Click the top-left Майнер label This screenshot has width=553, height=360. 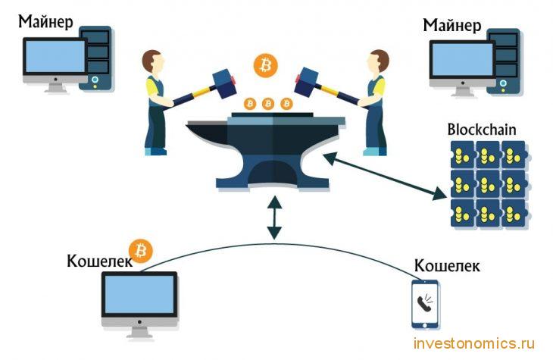pyautogui.click(x=45, y=21)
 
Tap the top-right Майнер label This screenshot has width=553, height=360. pyautogui.click(x=451, y=25)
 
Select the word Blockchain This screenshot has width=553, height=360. pyautogui.click(x=481, y=130)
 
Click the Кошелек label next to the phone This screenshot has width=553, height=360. pyautogui.click(x=447, y=265)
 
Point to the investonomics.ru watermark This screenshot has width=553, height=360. pyautogui.click(x=474, y=343)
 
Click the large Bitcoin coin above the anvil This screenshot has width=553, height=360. pyautogui.click(x=266, y=65)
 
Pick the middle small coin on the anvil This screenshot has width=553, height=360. pyautogui.click(x=268, y=104)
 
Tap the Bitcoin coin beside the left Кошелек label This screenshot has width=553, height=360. pyautogui.click(x=140, y=251)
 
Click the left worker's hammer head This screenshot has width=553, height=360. pyautogui.click(x=224, y=83)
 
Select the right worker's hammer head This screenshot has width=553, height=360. pyautogui.click(x=307, y=82)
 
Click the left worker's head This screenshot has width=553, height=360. pyautogui.click(x=154, y=61)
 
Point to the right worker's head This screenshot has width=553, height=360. pyautogui.click(x=378, y=61)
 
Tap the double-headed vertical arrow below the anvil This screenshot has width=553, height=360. pyautogui.click(x=274, y=218)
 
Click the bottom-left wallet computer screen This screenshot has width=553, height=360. pyautogui.click(x=139, y=294)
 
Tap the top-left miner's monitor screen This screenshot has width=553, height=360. pyautogui.click(x=55, y=57)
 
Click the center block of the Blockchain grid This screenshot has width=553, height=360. pyautogui.click(x=489, y=184)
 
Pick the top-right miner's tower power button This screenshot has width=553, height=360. pyautogui.click(x=503, y=83)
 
